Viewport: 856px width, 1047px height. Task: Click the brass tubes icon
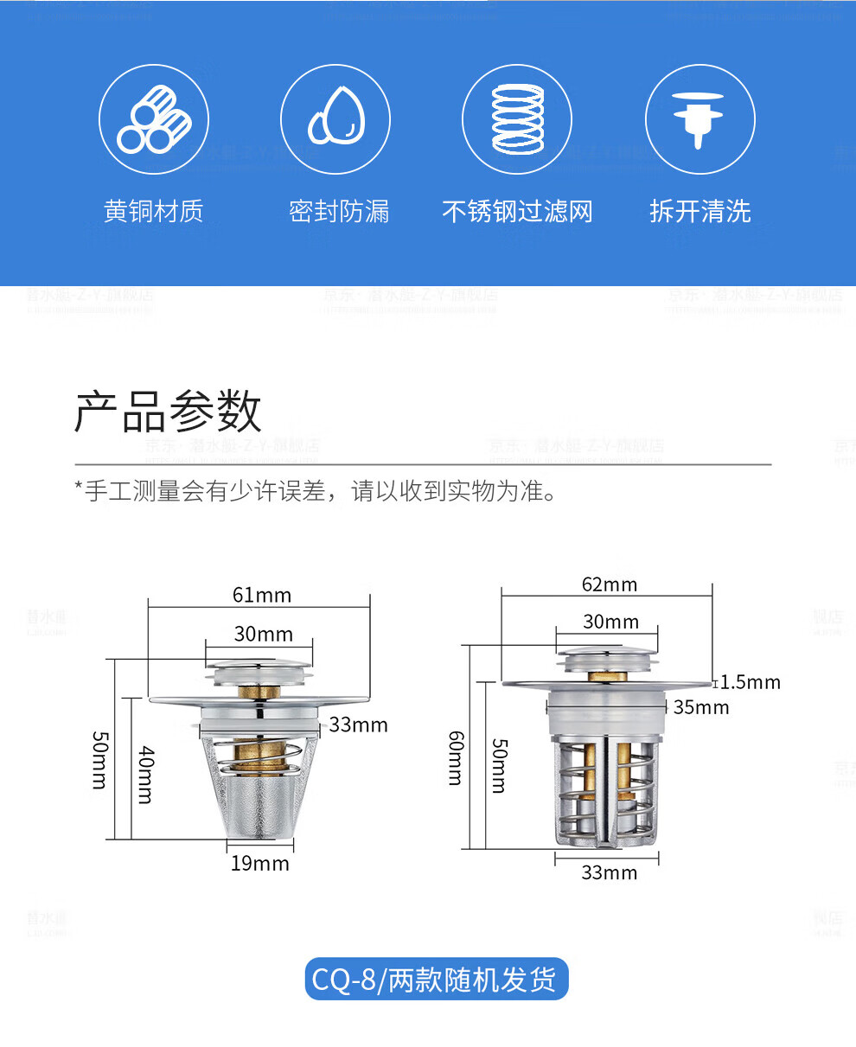pos(154,119)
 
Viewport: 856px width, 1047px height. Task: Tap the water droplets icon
pos(335,119)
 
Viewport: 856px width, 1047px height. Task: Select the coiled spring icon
pos(517,119)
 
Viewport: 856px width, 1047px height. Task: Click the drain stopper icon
pos(699,119)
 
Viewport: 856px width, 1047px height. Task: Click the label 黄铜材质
pos(154,211)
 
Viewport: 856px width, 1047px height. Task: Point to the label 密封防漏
pos(339,211)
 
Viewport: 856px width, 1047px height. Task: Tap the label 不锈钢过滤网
pos(517,211)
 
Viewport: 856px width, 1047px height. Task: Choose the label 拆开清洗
pos(699,211)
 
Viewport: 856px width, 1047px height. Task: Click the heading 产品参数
pos(168,411)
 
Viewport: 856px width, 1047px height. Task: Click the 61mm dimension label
pos(261,595)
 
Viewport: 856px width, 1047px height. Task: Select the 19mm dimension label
pos(259,863)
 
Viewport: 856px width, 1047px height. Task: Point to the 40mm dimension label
pos(145,774)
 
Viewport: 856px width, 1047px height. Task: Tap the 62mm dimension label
pos(609,584)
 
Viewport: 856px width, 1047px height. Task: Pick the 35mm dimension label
pos(701,707)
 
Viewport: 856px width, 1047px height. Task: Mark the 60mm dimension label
pos(455,757)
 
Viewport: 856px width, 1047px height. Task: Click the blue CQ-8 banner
pos(437,980)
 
